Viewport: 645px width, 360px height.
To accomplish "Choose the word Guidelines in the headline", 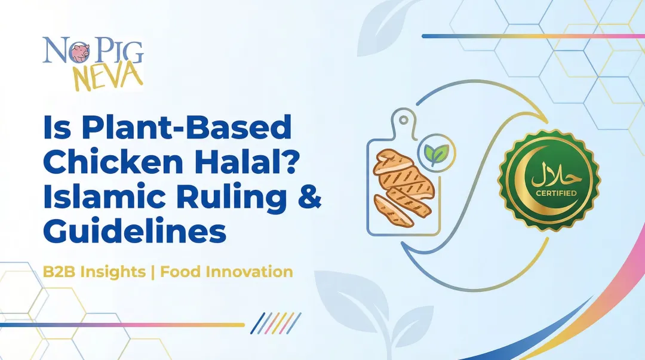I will pyautogui.click(x=135, y=233).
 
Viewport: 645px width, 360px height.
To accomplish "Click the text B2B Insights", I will pyautogui.click(x=94, y=272).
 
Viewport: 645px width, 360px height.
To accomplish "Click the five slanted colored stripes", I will pyautogui.click(x=275, y=323).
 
